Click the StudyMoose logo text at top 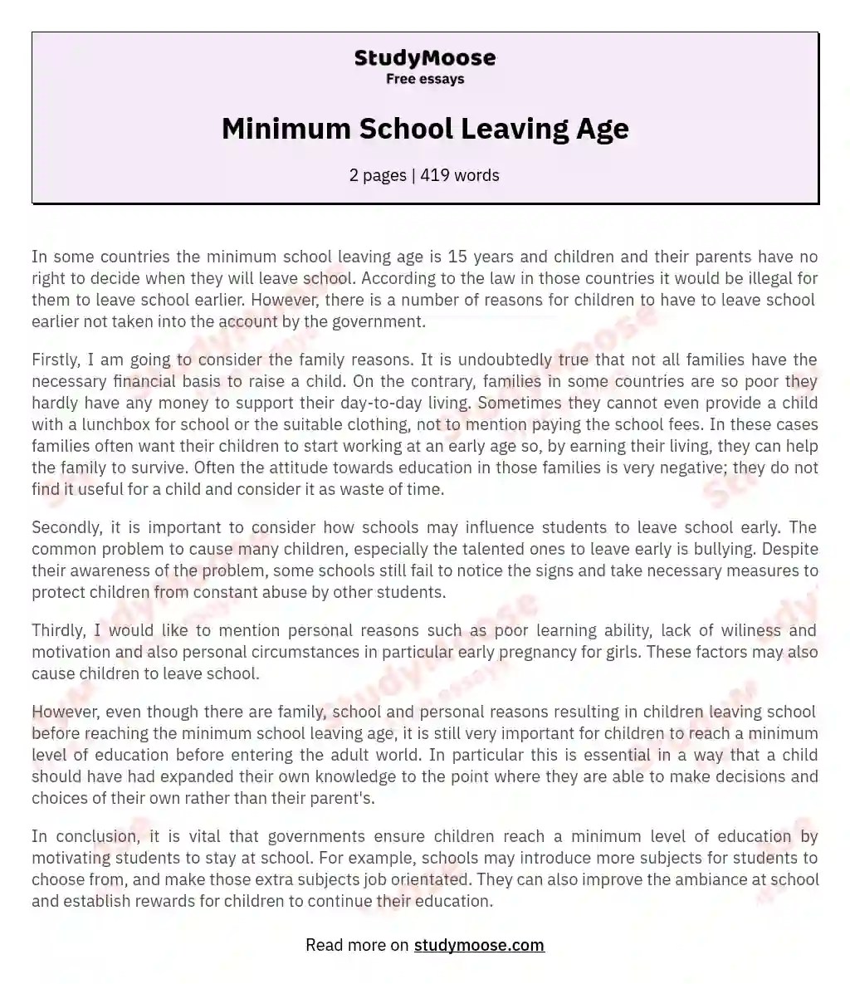pos(425,58)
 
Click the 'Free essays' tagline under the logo pos(425,79)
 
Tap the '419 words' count pos(460,175)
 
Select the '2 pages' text pos(378,175)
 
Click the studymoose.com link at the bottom pos(479,945)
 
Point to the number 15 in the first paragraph pos(457,257)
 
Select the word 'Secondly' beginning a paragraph pos(63,527)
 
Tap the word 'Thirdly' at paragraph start pos(57,630)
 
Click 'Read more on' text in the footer pos(357,945)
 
